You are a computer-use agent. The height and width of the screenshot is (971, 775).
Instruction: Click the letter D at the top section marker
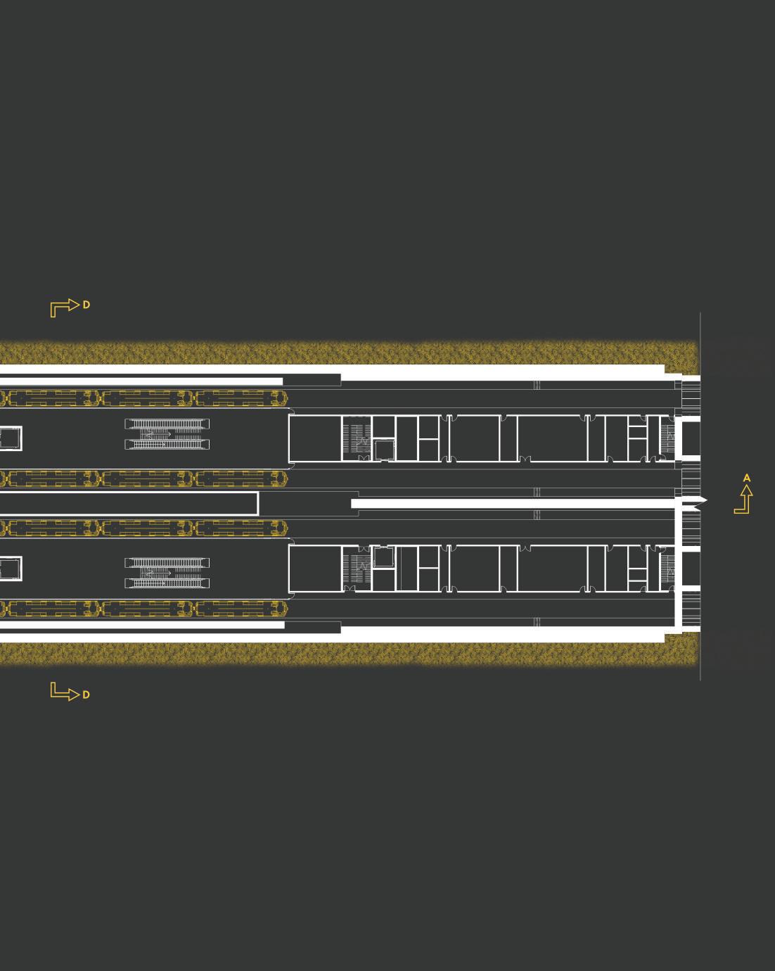(87, 305)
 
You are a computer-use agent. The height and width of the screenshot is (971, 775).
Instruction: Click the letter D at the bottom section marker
(87, 694)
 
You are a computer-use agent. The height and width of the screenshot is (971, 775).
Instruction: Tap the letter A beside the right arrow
(747, 478)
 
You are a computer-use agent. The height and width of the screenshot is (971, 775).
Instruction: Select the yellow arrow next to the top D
(64, 307)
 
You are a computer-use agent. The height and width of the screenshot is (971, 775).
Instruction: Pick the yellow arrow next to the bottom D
(64, 692)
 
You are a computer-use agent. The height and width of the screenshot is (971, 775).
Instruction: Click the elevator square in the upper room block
(385, 449)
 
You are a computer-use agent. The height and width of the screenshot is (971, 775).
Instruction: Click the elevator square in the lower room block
(383, 557)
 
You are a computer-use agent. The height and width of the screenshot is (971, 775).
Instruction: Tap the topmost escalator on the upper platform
(167, 424)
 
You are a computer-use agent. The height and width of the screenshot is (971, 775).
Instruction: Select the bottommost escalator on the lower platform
(167, 583)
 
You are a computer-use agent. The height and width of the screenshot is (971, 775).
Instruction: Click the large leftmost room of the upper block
(315, 438)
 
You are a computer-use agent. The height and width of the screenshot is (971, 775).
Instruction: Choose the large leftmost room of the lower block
(315, 569)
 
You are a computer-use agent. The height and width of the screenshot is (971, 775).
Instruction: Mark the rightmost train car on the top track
(241, 398)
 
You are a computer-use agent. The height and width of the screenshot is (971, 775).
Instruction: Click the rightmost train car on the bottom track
(241, 609)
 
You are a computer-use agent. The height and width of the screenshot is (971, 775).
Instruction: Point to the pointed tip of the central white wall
(704, 500)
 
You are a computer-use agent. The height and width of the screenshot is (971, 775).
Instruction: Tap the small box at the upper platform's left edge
(10, 438)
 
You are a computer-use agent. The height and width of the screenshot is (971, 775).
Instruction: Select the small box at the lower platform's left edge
(10, 568)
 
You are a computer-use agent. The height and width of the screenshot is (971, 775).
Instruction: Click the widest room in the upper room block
(552, 438)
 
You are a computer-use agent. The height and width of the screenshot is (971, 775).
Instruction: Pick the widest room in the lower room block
(552, 569)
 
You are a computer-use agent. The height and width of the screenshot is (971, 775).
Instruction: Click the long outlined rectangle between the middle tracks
(127, 504)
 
